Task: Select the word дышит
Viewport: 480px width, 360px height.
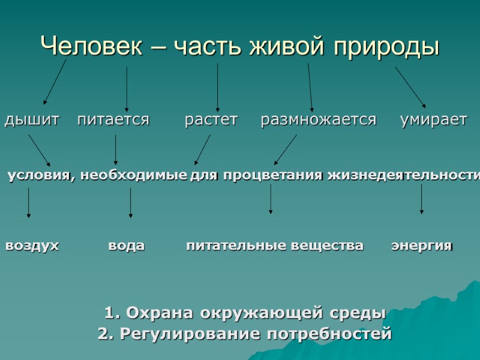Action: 32,120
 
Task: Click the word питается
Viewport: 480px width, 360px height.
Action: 113,120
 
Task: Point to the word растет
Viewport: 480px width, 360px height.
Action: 211,120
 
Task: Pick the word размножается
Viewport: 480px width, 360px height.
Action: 319,120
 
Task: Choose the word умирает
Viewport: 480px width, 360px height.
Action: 433,120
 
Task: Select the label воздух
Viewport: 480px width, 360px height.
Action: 32,246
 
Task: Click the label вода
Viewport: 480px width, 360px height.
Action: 127,246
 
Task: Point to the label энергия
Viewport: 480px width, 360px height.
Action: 422,246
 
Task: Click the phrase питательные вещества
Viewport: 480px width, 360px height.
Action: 275,246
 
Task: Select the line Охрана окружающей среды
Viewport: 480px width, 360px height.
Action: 245,313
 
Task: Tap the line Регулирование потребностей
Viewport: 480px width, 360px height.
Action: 245,334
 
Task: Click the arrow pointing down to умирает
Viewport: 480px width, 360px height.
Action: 410,86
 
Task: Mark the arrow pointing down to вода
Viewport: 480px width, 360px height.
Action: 131,202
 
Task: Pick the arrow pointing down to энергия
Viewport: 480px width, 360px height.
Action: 422,199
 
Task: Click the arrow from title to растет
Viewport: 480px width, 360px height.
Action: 217,87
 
